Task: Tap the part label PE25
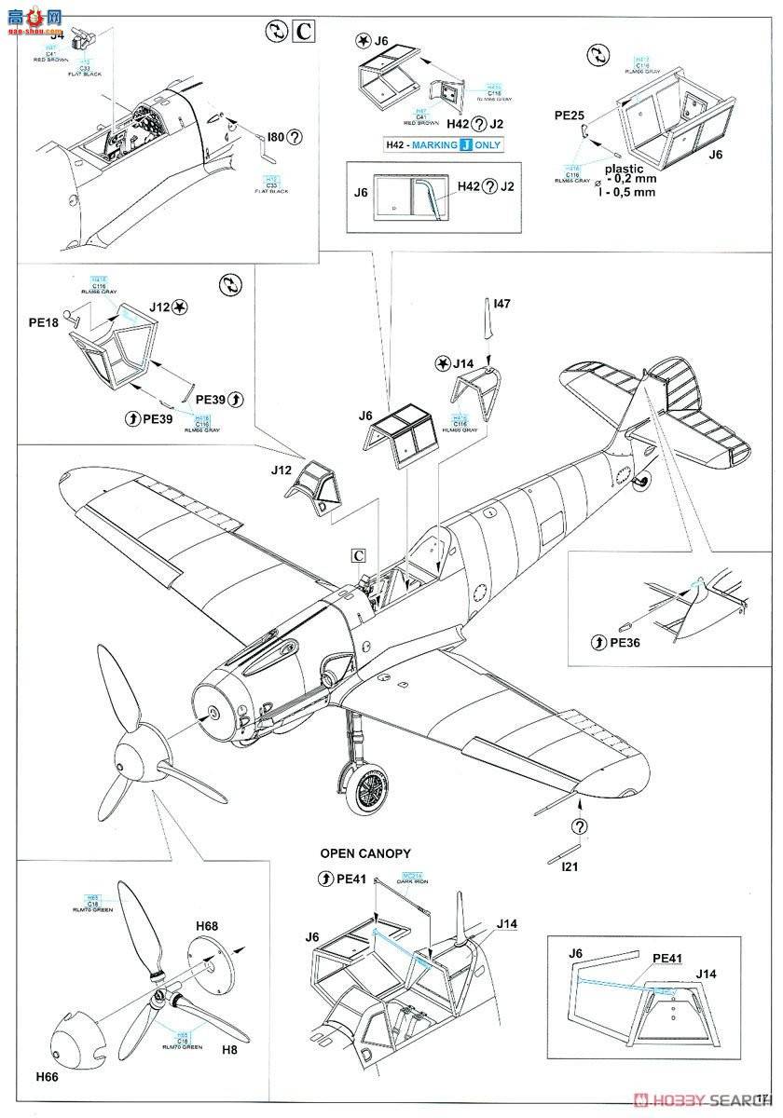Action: pos(569,116)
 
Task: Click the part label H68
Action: pos(208,926)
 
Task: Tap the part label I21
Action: pos(573,866)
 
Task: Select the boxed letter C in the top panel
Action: pos(303,32)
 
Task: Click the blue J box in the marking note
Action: pos(466,145)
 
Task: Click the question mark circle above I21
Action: pos(580,826)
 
